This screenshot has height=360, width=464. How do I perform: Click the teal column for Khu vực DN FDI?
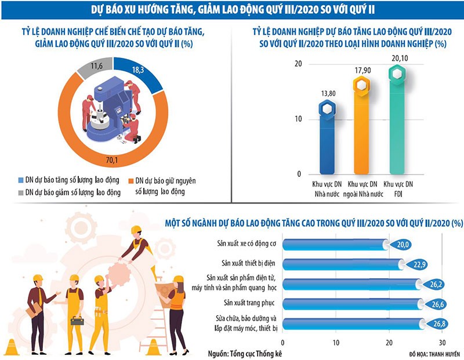[397, 122]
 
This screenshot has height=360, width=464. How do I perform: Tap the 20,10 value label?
[397, 58]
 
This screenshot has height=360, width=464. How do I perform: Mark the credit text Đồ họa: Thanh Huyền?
[432, 353]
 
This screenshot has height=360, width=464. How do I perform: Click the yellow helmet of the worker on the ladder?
[136, 230]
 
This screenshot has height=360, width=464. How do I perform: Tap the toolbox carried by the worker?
[77, 320]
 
